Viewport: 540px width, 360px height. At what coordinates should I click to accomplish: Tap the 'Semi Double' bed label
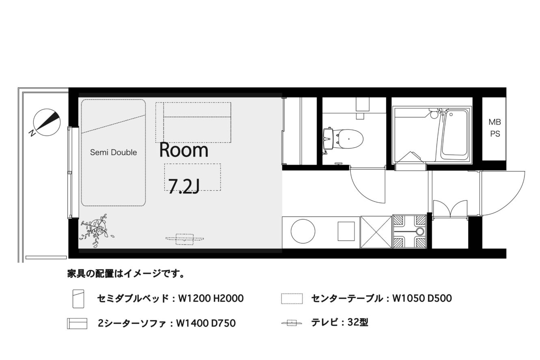click(113, 152)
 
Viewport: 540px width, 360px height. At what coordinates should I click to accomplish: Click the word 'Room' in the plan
click(184, 150)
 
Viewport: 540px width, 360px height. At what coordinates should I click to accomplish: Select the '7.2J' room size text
click(184, 186)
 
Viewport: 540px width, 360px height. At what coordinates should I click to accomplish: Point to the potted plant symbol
click(97, 231)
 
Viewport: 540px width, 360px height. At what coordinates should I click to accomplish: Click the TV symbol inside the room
click(184, 239)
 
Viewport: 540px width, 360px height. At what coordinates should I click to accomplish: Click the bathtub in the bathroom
click(454, 136)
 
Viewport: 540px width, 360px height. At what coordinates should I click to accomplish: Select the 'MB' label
click(495, 122)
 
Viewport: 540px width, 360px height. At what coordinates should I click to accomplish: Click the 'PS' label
click(495, 134)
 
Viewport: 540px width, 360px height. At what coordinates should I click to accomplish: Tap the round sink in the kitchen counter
click(303, 231)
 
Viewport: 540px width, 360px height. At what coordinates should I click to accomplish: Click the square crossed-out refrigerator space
click(376, 232)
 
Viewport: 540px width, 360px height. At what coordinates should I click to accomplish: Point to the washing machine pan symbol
click(409, 232)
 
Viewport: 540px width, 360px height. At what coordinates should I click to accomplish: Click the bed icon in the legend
click(78, 299)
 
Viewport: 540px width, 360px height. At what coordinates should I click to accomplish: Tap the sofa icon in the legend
click(77, 323)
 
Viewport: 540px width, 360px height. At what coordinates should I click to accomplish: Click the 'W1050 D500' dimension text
click(422, 298)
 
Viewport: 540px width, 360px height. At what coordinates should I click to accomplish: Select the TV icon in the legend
click(292, 323)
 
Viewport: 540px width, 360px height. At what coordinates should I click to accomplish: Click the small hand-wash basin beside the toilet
click(328, 139)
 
